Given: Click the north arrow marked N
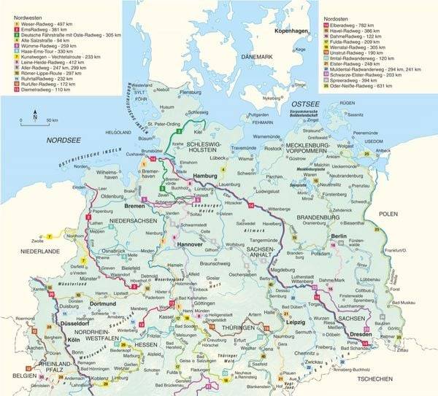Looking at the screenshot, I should coord(34,113).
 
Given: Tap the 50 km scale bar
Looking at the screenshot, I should coord(36,123).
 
